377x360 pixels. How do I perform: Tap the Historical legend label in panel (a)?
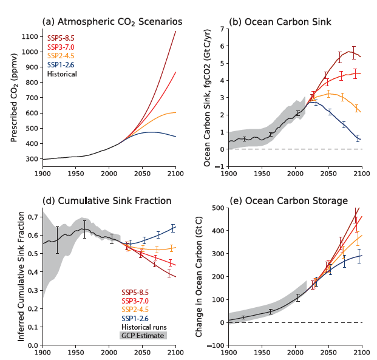coord(62,74)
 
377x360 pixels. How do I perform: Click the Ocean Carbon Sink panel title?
coord(279,22)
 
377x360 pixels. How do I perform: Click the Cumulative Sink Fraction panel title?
coord(107,201)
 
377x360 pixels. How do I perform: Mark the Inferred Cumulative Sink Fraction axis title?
coord(21,276)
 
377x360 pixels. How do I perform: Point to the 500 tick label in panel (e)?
coord(217,208)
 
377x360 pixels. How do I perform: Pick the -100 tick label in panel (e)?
coord(215,345)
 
